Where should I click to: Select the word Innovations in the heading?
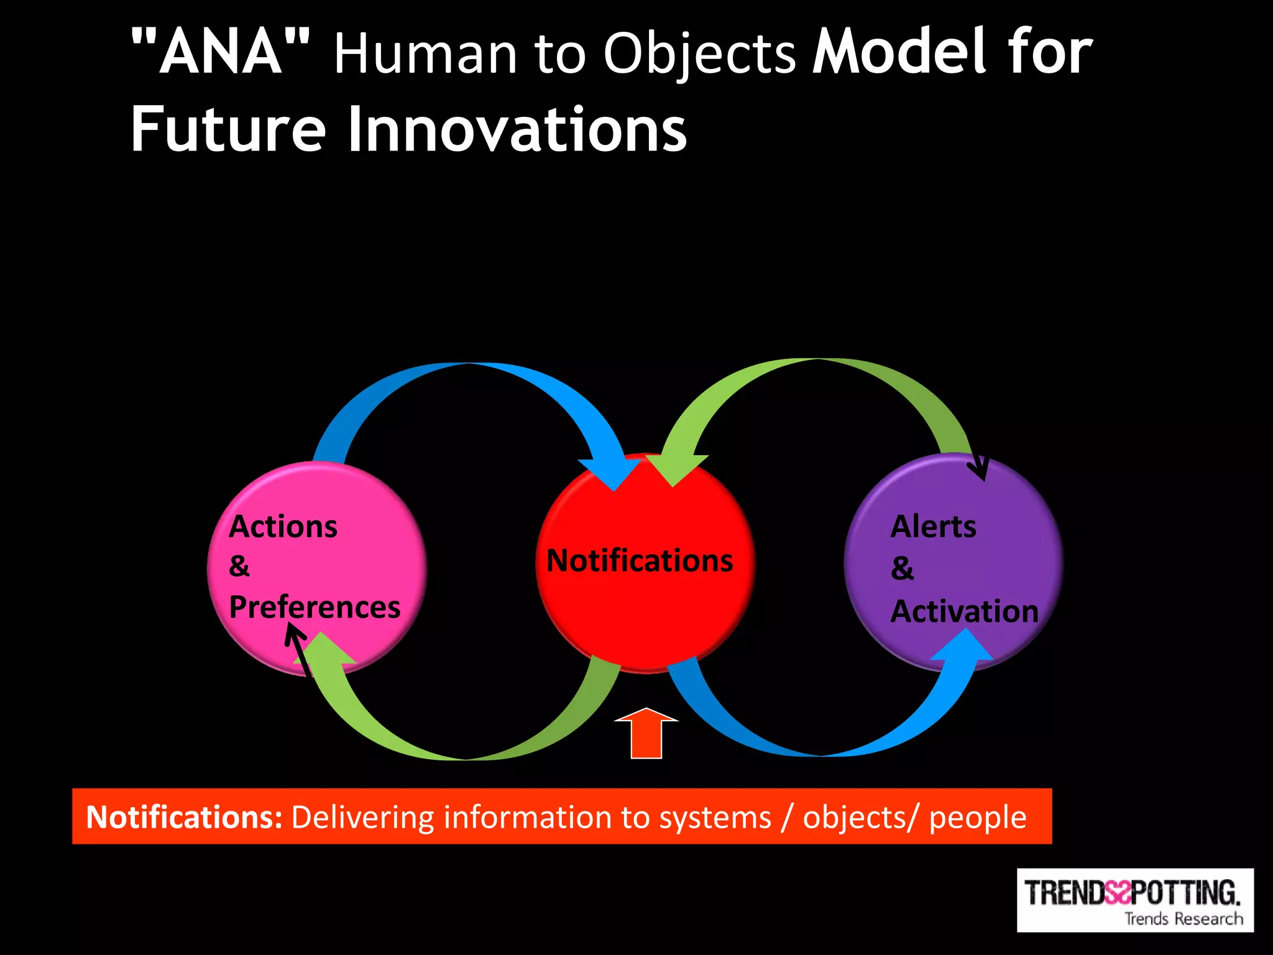tap(517, 129)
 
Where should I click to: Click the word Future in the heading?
tap(228, 129)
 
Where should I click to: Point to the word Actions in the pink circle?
tap(283, 527)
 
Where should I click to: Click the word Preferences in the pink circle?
tap(315, 607)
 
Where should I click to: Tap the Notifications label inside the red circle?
tap(640, 560)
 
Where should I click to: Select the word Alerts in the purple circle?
tap(933, 527)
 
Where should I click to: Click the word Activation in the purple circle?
tap(964, 611)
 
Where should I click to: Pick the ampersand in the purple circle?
tap(903, 568)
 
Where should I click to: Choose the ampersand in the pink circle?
tap(239, 566)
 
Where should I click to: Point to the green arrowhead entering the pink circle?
tap(323, 650)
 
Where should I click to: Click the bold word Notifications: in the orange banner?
tap(185, 817)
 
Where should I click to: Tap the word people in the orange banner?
tap(977, 817)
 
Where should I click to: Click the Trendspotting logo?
tap(1134, 900)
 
